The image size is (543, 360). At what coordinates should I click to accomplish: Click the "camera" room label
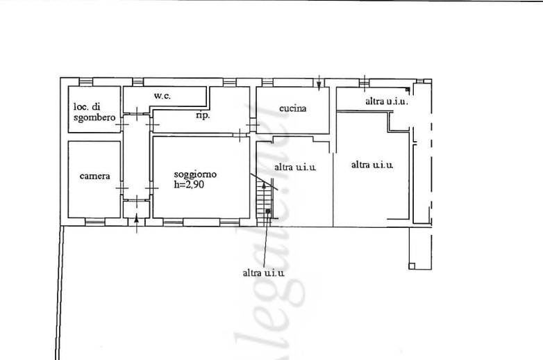(x=94, y=176)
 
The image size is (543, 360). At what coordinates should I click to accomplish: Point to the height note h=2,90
(x=190, y=185)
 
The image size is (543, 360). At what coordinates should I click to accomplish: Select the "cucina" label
(x=292, y=108)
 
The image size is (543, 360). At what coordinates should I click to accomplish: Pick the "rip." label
(x=202, y=115)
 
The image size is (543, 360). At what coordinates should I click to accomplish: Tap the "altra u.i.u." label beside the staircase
(x=295, y=167)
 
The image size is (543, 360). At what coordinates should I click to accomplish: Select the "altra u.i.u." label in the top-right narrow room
(x=386, y=101)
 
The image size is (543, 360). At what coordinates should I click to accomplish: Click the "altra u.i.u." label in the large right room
(x=372, y=165)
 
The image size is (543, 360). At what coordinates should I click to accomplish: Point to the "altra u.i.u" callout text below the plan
(x=263, y=272)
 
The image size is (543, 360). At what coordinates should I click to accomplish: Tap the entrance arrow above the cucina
(x=319, y=83)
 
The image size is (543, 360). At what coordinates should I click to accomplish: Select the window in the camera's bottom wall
(x=94, y=222)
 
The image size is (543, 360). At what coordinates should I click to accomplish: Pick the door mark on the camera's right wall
(x=122, y=189)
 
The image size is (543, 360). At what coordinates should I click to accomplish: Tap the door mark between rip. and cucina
(x=252, y=125)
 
